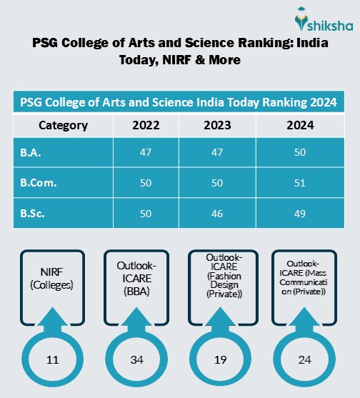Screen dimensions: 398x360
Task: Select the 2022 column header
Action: pyautogui.click(x=146, y=126)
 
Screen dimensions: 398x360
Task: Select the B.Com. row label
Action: pyautogui.click(x=38, y=183)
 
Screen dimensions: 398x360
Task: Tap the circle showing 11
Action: pyautogui.click(x=51, y=361)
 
